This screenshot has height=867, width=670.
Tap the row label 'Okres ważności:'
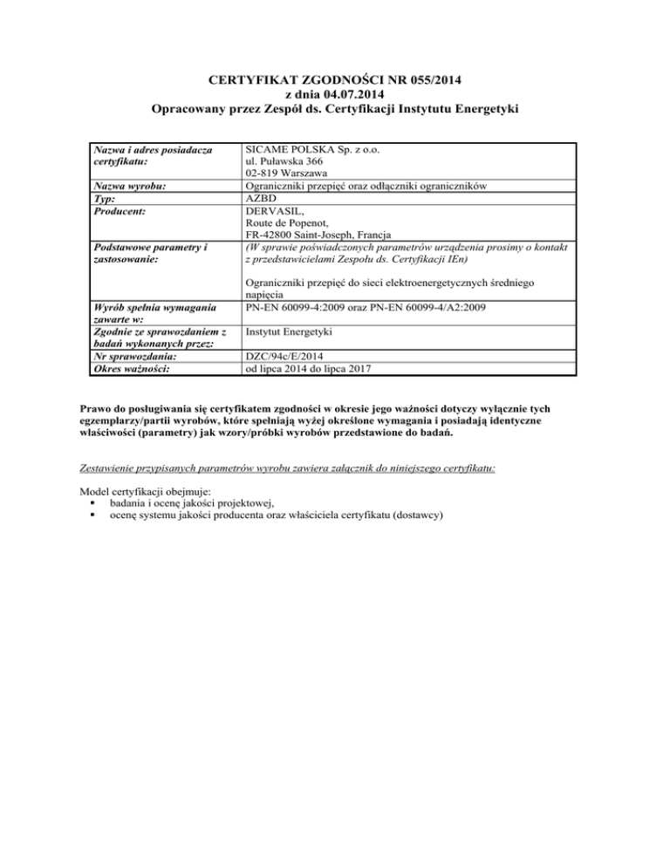(x=131, y=369)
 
